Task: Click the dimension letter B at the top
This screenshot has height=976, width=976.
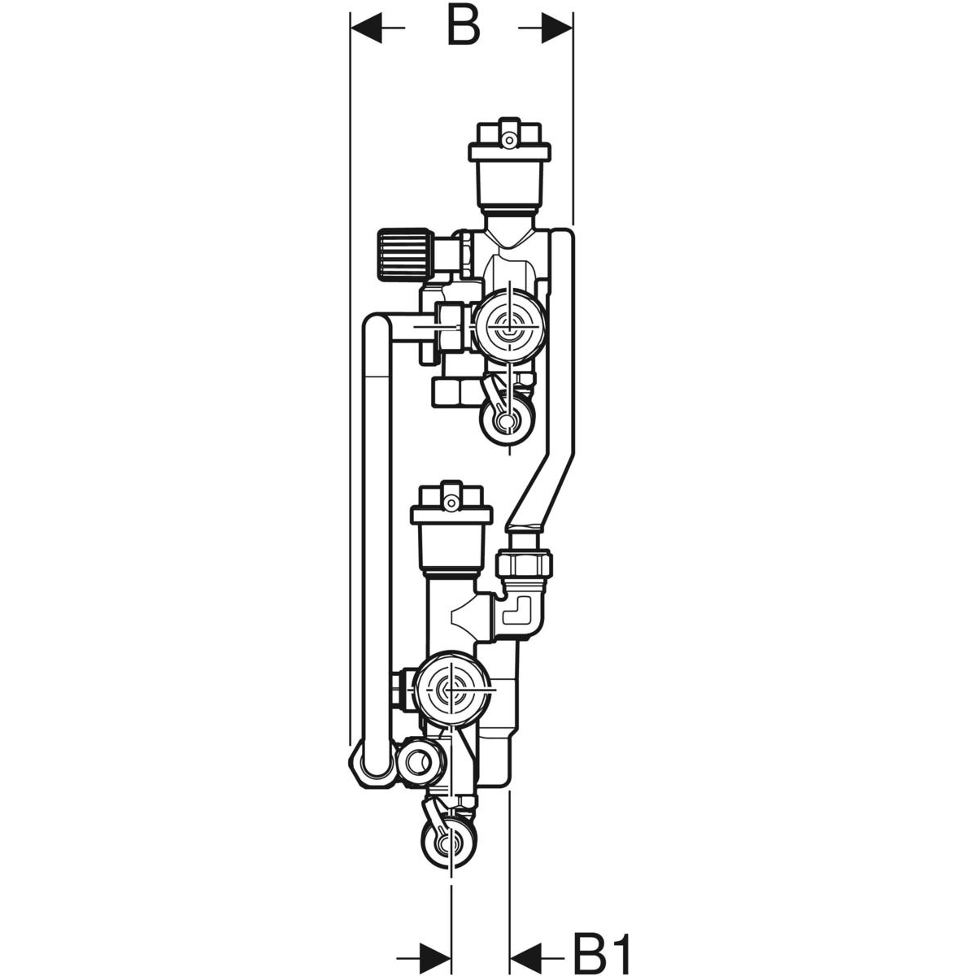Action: coord(462,27)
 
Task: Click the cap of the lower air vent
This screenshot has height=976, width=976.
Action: coord(451,510)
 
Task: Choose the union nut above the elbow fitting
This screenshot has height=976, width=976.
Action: coord(524,562)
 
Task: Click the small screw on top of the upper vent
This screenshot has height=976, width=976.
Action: coord(509,140)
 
